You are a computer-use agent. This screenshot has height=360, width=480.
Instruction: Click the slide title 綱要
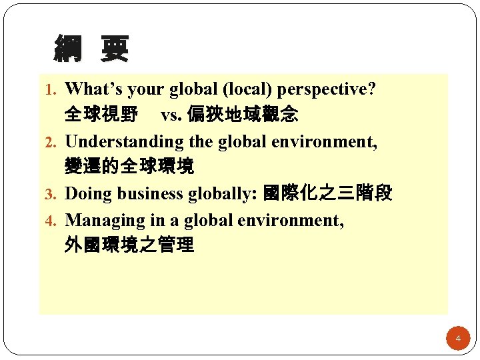tap(91, 49)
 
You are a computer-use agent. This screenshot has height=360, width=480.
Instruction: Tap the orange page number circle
tap(458, 339)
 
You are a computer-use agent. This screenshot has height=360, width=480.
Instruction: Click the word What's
tap(95, 89)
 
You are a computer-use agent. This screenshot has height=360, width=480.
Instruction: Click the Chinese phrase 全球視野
tap(101, 115)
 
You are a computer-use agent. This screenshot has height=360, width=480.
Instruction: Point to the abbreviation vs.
tap(170, 116)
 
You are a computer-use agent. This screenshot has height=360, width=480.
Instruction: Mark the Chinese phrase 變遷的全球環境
tap(129, 167)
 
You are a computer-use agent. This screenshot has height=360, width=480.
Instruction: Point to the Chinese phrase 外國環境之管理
tap(129, 245)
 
